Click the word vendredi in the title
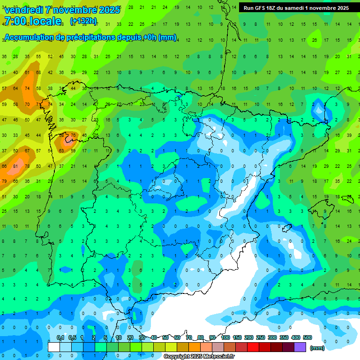(x=24, y=10)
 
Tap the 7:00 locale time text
(x=32, y=21)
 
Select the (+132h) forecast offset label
(x=83, y=21)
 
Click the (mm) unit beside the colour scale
(x=317, y=348)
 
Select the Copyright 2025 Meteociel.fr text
(x=199, y=357)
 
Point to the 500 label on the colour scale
(x=307, y=337)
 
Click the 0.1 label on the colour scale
(x=60, y=337)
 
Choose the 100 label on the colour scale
(x=225, y=337)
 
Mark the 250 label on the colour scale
(x=261, y=337)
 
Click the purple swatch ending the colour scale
(x=300, y=347)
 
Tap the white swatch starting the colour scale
(x=54, y=347)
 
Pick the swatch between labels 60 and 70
(x=183, y=347)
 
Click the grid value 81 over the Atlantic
(x=15, y=166)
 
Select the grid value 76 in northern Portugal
(x=73, y=136)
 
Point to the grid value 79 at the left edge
(x=4, y=181)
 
